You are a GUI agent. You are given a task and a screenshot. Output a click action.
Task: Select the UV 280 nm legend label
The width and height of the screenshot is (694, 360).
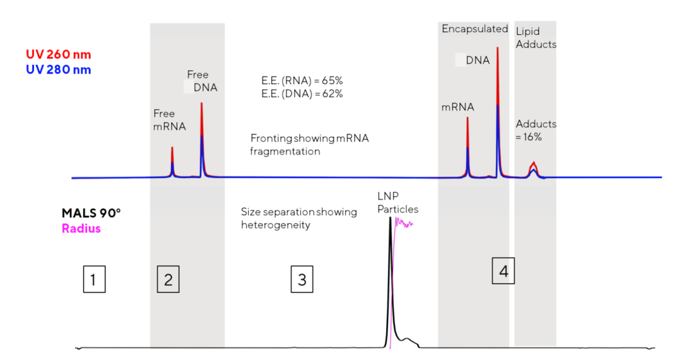tap(58, 69)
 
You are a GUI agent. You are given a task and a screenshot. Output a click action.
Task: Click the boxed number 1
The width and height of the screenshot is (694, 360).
tap(94, 280)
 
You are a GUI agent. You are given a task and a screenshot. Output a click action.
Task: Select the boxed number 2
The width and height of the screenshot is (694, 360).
tap(168, 280)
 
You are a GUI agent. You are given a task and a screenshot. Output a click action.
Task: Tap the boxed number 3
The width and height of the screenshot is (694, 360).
tap(301, 280)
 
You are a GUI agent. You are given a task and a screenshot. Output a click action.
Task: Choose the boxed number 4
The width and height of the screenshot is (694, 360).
tap(503, 271)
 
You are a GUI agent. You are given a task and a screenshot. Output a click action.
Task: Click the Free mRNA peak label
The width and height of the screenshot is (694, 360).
tap(169, 120)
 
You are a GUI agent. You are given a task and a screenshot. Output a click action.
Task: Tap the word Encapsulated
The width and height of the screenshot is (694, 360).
tap(475, 29)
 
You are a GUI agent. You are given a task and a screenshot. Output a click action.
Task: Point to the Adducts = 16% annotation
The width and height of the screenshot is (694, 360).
tap(536, 130)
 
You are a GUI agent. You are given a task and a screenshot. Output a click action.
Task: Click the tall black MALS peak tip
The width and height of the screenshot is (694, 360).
tap(389, 220)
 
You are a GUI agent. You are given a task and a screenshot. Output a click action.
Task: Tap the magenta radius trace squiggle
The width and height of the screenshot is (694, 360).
tap(404, 224)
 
